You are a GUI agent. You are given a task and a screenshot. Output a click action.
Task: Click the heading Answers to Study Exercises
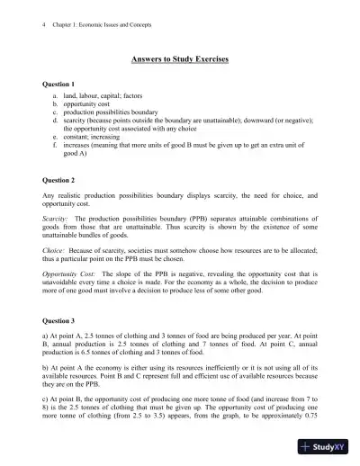point(180,59)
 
